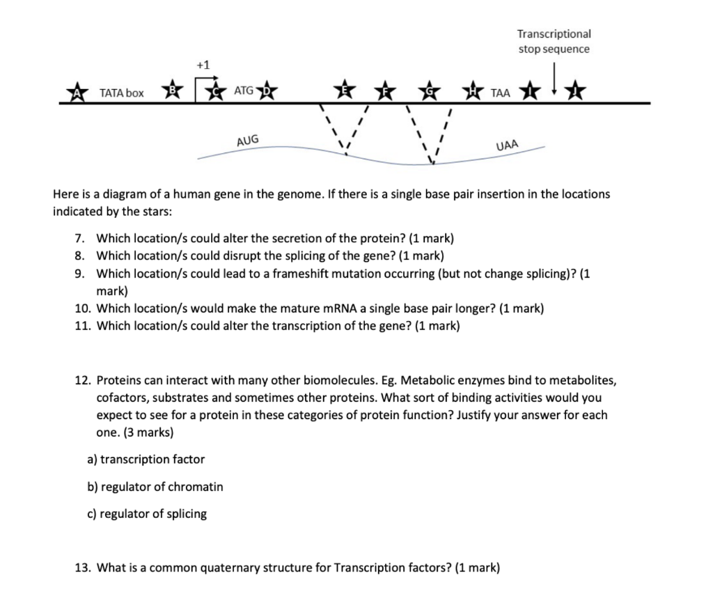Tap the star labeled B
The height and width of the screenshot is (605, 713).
click(173, 91)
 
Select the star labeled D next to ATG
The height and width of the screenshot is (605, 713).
click(268, 92)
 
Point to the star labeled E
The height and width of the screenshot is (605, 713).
click(342, 91)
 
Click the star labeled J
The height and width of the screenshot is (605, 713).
click(575, 91)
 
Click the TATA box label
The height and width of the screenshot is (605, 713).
click(122, 93)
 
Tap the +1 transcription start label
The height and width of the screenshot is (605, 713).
click(203, 65)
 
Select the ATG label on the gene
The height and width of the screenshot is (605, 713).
click(244, 91)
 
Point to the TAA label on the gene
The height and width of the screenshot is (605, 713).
click(500, 93)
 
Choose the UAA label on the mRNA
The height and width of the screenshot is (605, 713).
click(507, 146)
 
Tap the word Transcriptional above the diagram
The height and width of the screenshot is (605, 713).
click(554, 33)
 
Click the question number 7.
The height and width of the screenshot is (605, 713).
click(79, 239)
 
